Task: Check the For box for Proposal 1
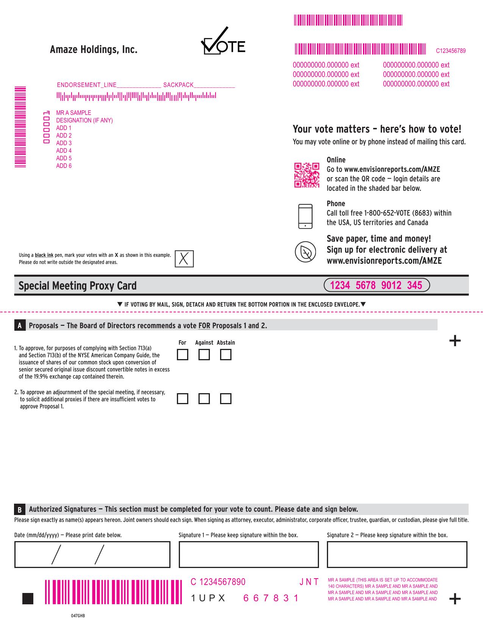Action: [183, 355]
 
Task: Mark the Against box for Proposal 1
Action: [204, 355]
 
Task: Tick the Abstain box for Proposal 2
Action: [226, 399]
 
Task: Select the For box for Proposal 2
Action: [183, 399]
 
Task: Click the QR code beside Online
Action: [306, 175]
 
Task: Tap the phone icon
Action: [305, 216]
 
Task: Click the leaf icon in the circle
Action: [305, 252]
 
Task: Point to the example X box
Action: [184, 259]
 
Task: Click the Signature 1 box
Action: [249, 554]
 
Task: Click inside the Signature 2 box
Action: [397, 554]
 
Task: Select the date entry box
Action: [92, 554]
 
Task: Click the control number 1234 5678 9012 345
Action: [377, 285]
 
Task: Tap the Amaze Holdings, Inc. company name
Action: [94, 50]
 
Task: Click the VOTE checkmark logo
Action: [223, 42]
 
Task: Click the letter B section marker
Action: [20, 509]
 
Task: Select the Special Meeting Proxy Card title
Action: [77, 286]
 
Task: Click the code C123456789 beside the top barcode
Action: [450, 51]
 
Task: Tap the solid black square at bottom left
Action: [28, 599]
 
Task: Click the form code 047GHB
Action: [78, 616]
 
